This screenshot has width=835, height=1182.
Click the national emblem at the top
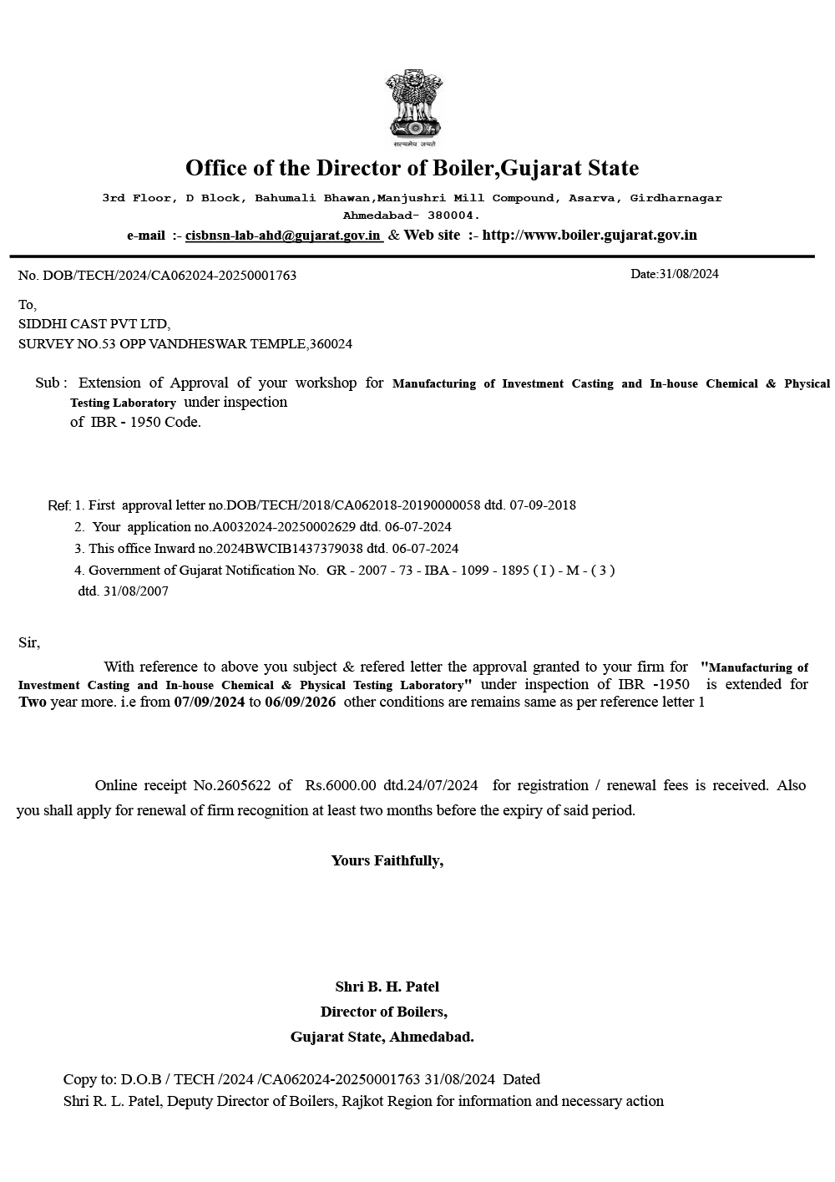(x=413, y=107)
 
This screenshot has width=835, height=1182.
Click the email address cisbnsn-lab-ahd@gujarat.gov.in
(x=283, y=236)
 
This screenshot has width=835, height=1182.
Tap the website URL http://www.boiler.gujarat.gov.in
(x=590, y=235)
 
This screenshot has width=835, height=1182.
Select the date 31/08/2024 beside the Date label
(x=689, y=274)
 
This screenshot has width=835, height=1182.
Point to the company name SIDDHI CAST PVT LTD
(x=94, y=324)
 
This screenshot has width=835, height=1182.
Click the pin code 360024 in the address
(x=332, y=344)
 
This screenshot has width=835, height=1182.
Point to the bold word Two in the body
(x=33, y=703)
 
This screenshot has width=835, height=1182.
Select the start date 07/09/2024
(x=210, y=703)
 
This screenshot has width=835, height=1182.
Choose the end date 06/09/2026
(x=301, y=703)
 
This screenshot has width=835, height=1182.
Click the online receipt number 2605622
(x=244, y=785)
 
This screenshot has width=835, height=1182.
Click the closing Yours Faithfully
(x=387, y=861)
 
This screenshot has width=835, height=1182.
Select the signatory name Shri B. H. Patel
(x=387, y=987)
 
